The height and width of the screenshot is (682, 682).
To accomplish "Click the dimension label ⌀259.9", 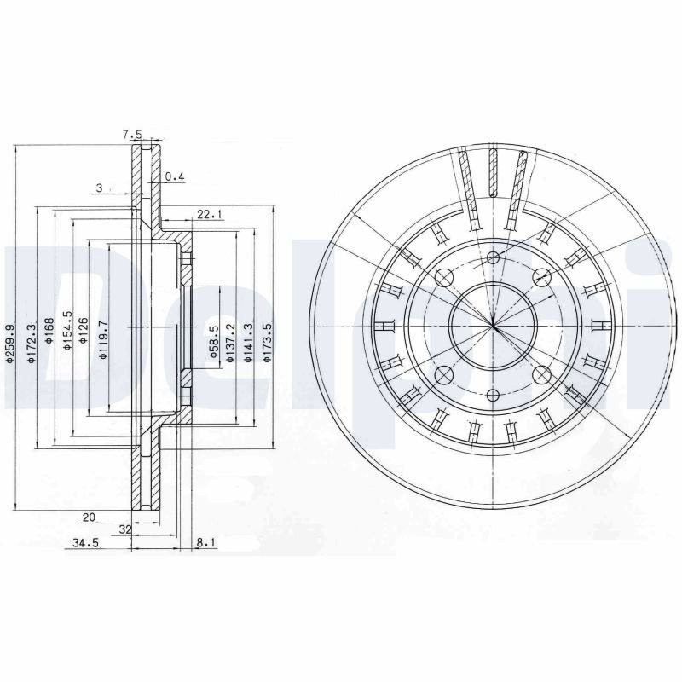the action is coord(9,344).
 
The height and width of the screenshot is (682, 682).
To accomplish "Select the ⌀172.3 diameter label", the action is coord(31,344).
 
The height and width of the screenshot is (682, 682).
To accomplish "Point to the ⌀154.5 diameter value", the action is coord(67,331).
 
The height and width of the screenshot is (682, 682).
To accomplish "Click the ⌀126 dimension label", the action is coord(83,331).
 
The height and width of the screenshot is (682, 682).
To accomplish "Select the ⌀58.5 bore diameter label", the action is coord(213,343).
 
